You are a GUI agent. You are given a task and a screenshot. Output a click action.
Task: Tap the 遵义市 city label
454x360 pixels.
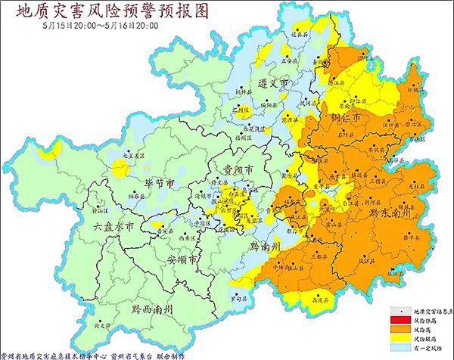[x=273, y=82]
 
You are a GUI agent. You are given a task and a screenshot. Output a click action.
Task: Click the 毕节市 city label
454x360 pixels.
[x=160, y=184]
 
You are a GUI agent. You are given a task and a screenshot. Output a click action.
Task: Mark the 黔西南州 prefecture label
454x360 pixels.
[x=151, y=309]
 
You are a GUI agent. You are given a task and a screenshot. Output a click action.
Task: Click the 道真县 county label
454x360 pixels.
[x=300, y=34]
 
